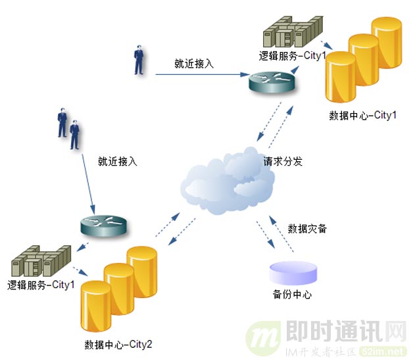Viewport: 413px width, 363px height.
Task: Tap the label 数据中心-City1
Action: (363, 116)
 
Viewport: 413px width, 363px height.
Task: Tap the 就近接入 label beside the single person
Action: (194, 64)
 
